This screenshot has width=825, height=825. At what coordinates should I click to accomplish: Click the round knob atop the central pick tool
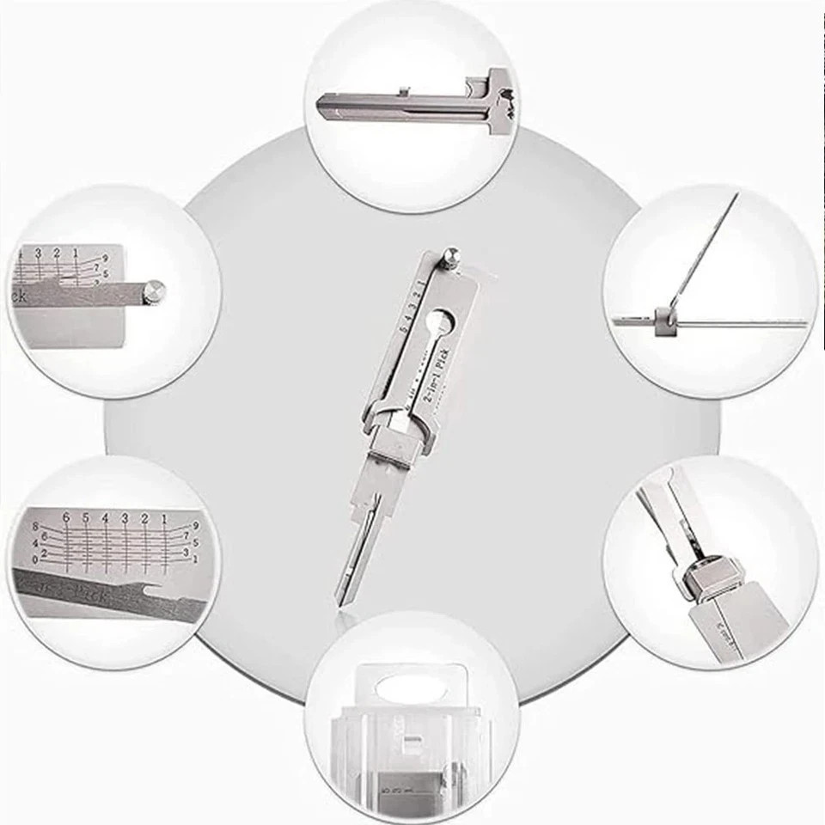click(451, 256)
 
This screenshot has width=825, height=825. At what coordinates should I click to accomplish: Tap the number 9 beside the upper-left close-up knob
click(105, 257)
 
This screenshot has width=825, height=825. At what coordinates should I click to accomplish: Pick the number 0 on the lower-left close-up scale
click(34, 559)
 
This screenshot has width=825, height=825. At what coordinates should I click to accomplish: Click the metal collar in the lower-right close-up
click(711, 577)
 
